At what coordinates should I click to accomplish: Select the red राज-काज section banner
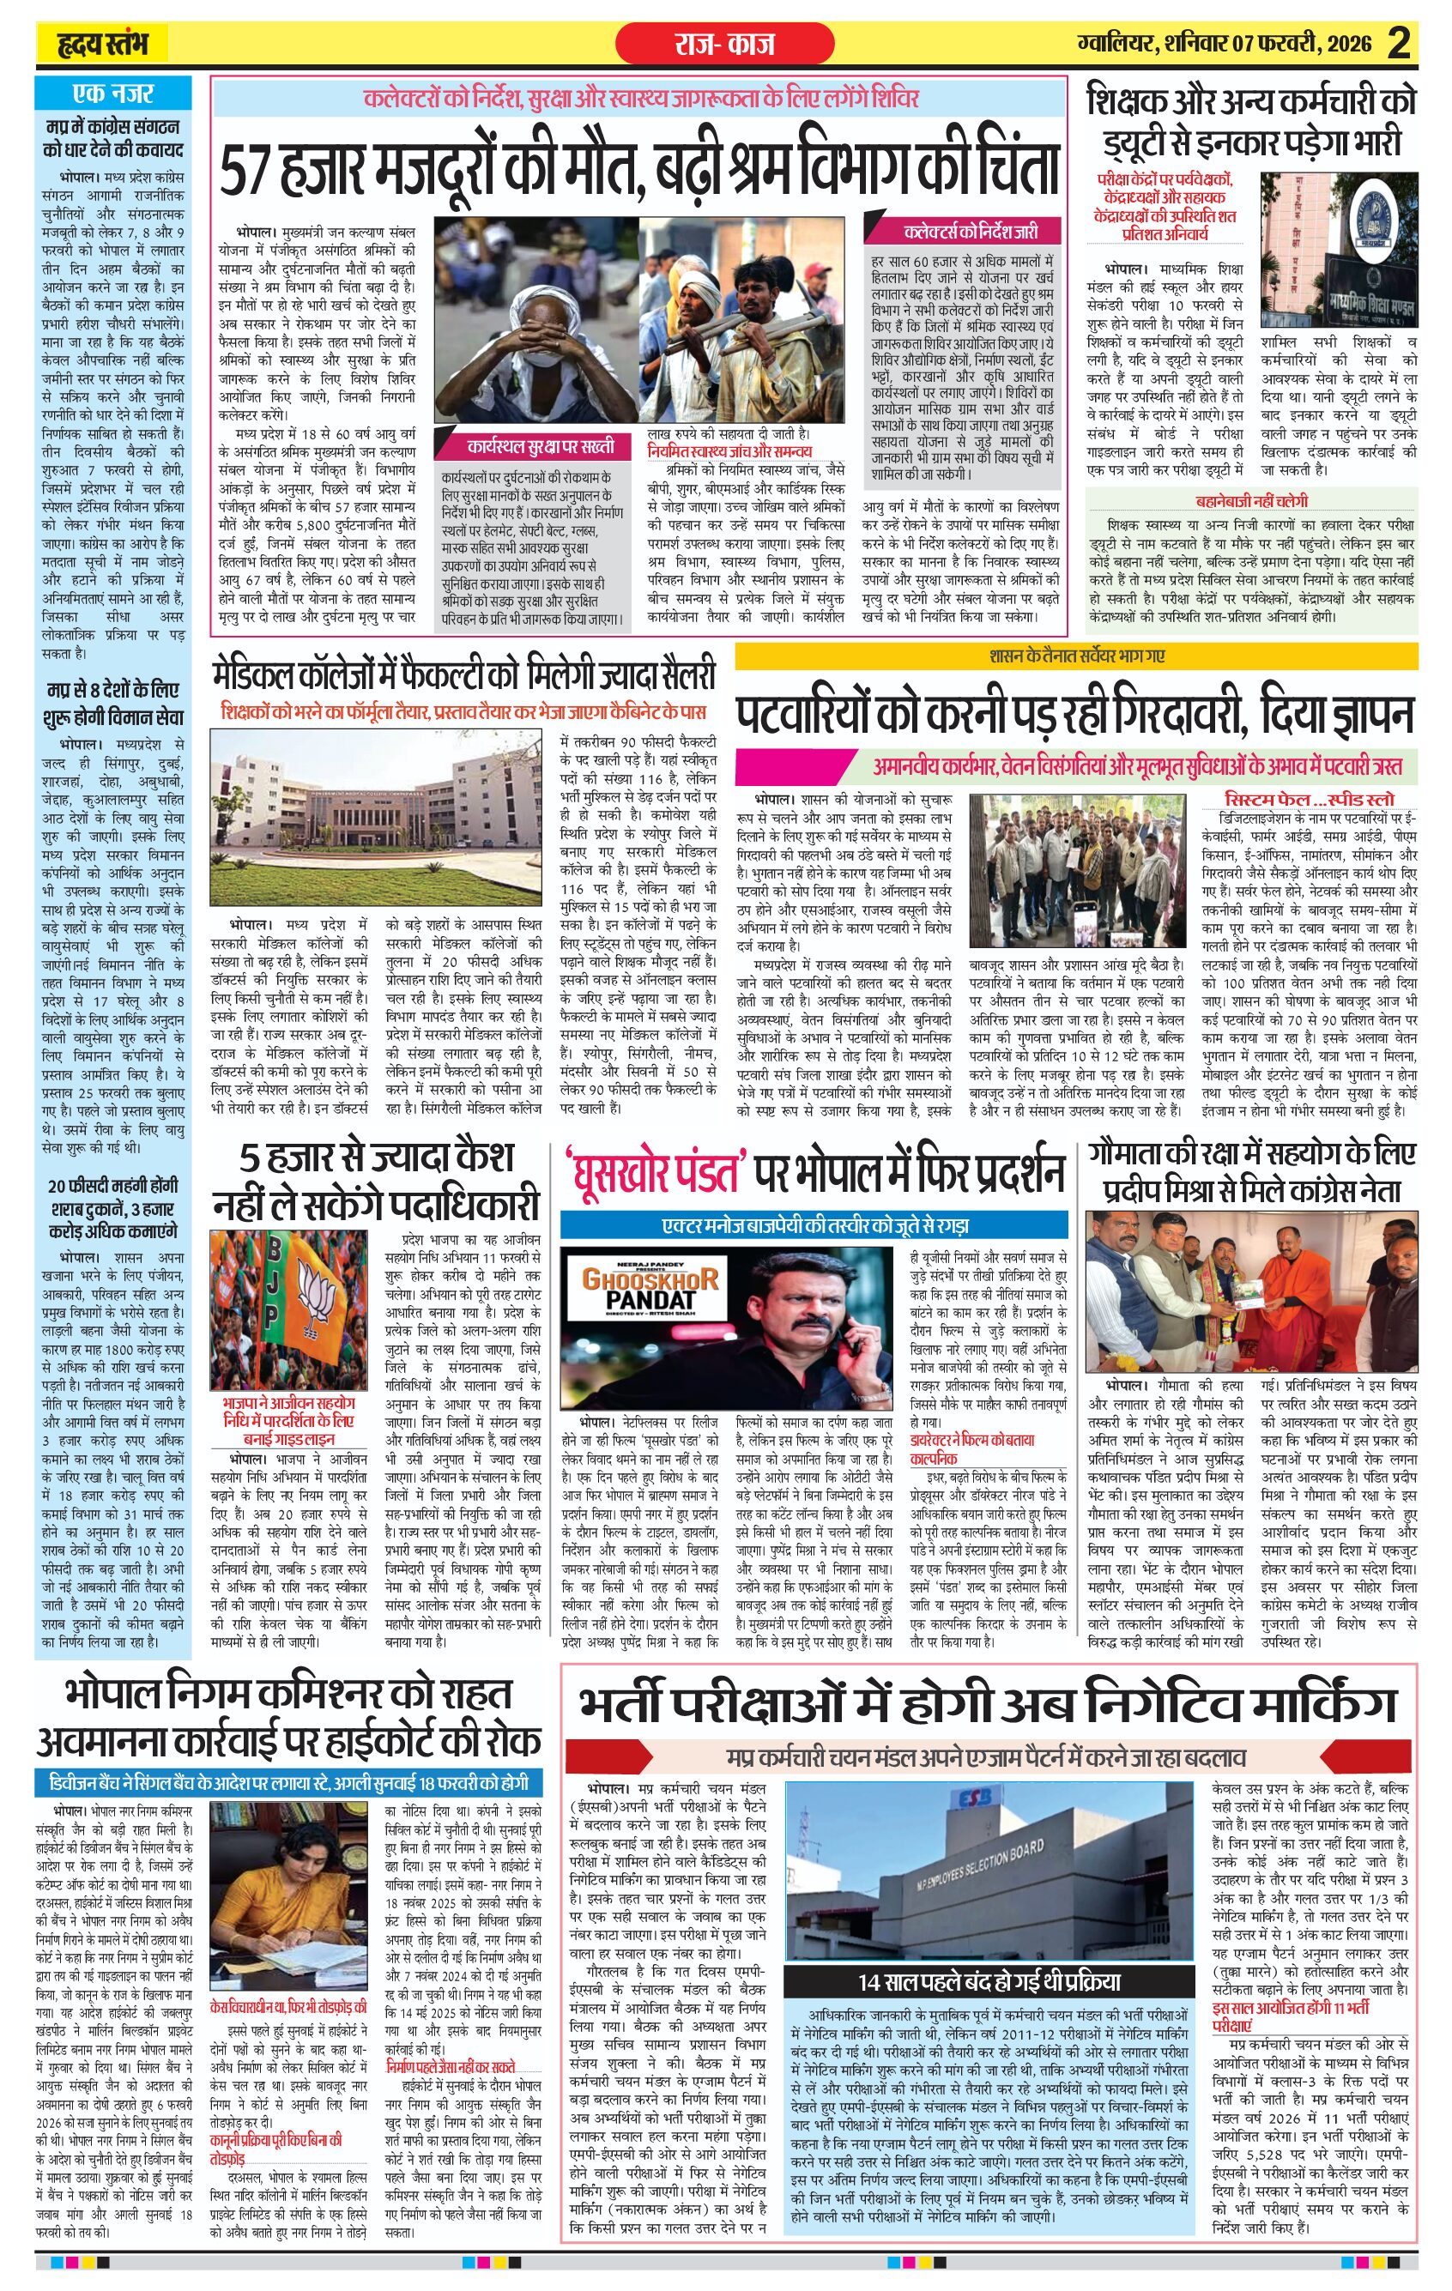pos(724,44)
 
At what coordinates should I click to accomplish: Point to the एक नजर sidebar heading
pos(112,94)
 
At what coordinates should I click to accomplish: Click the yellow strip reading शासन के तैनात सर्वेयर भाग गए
pos(1076,656)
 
